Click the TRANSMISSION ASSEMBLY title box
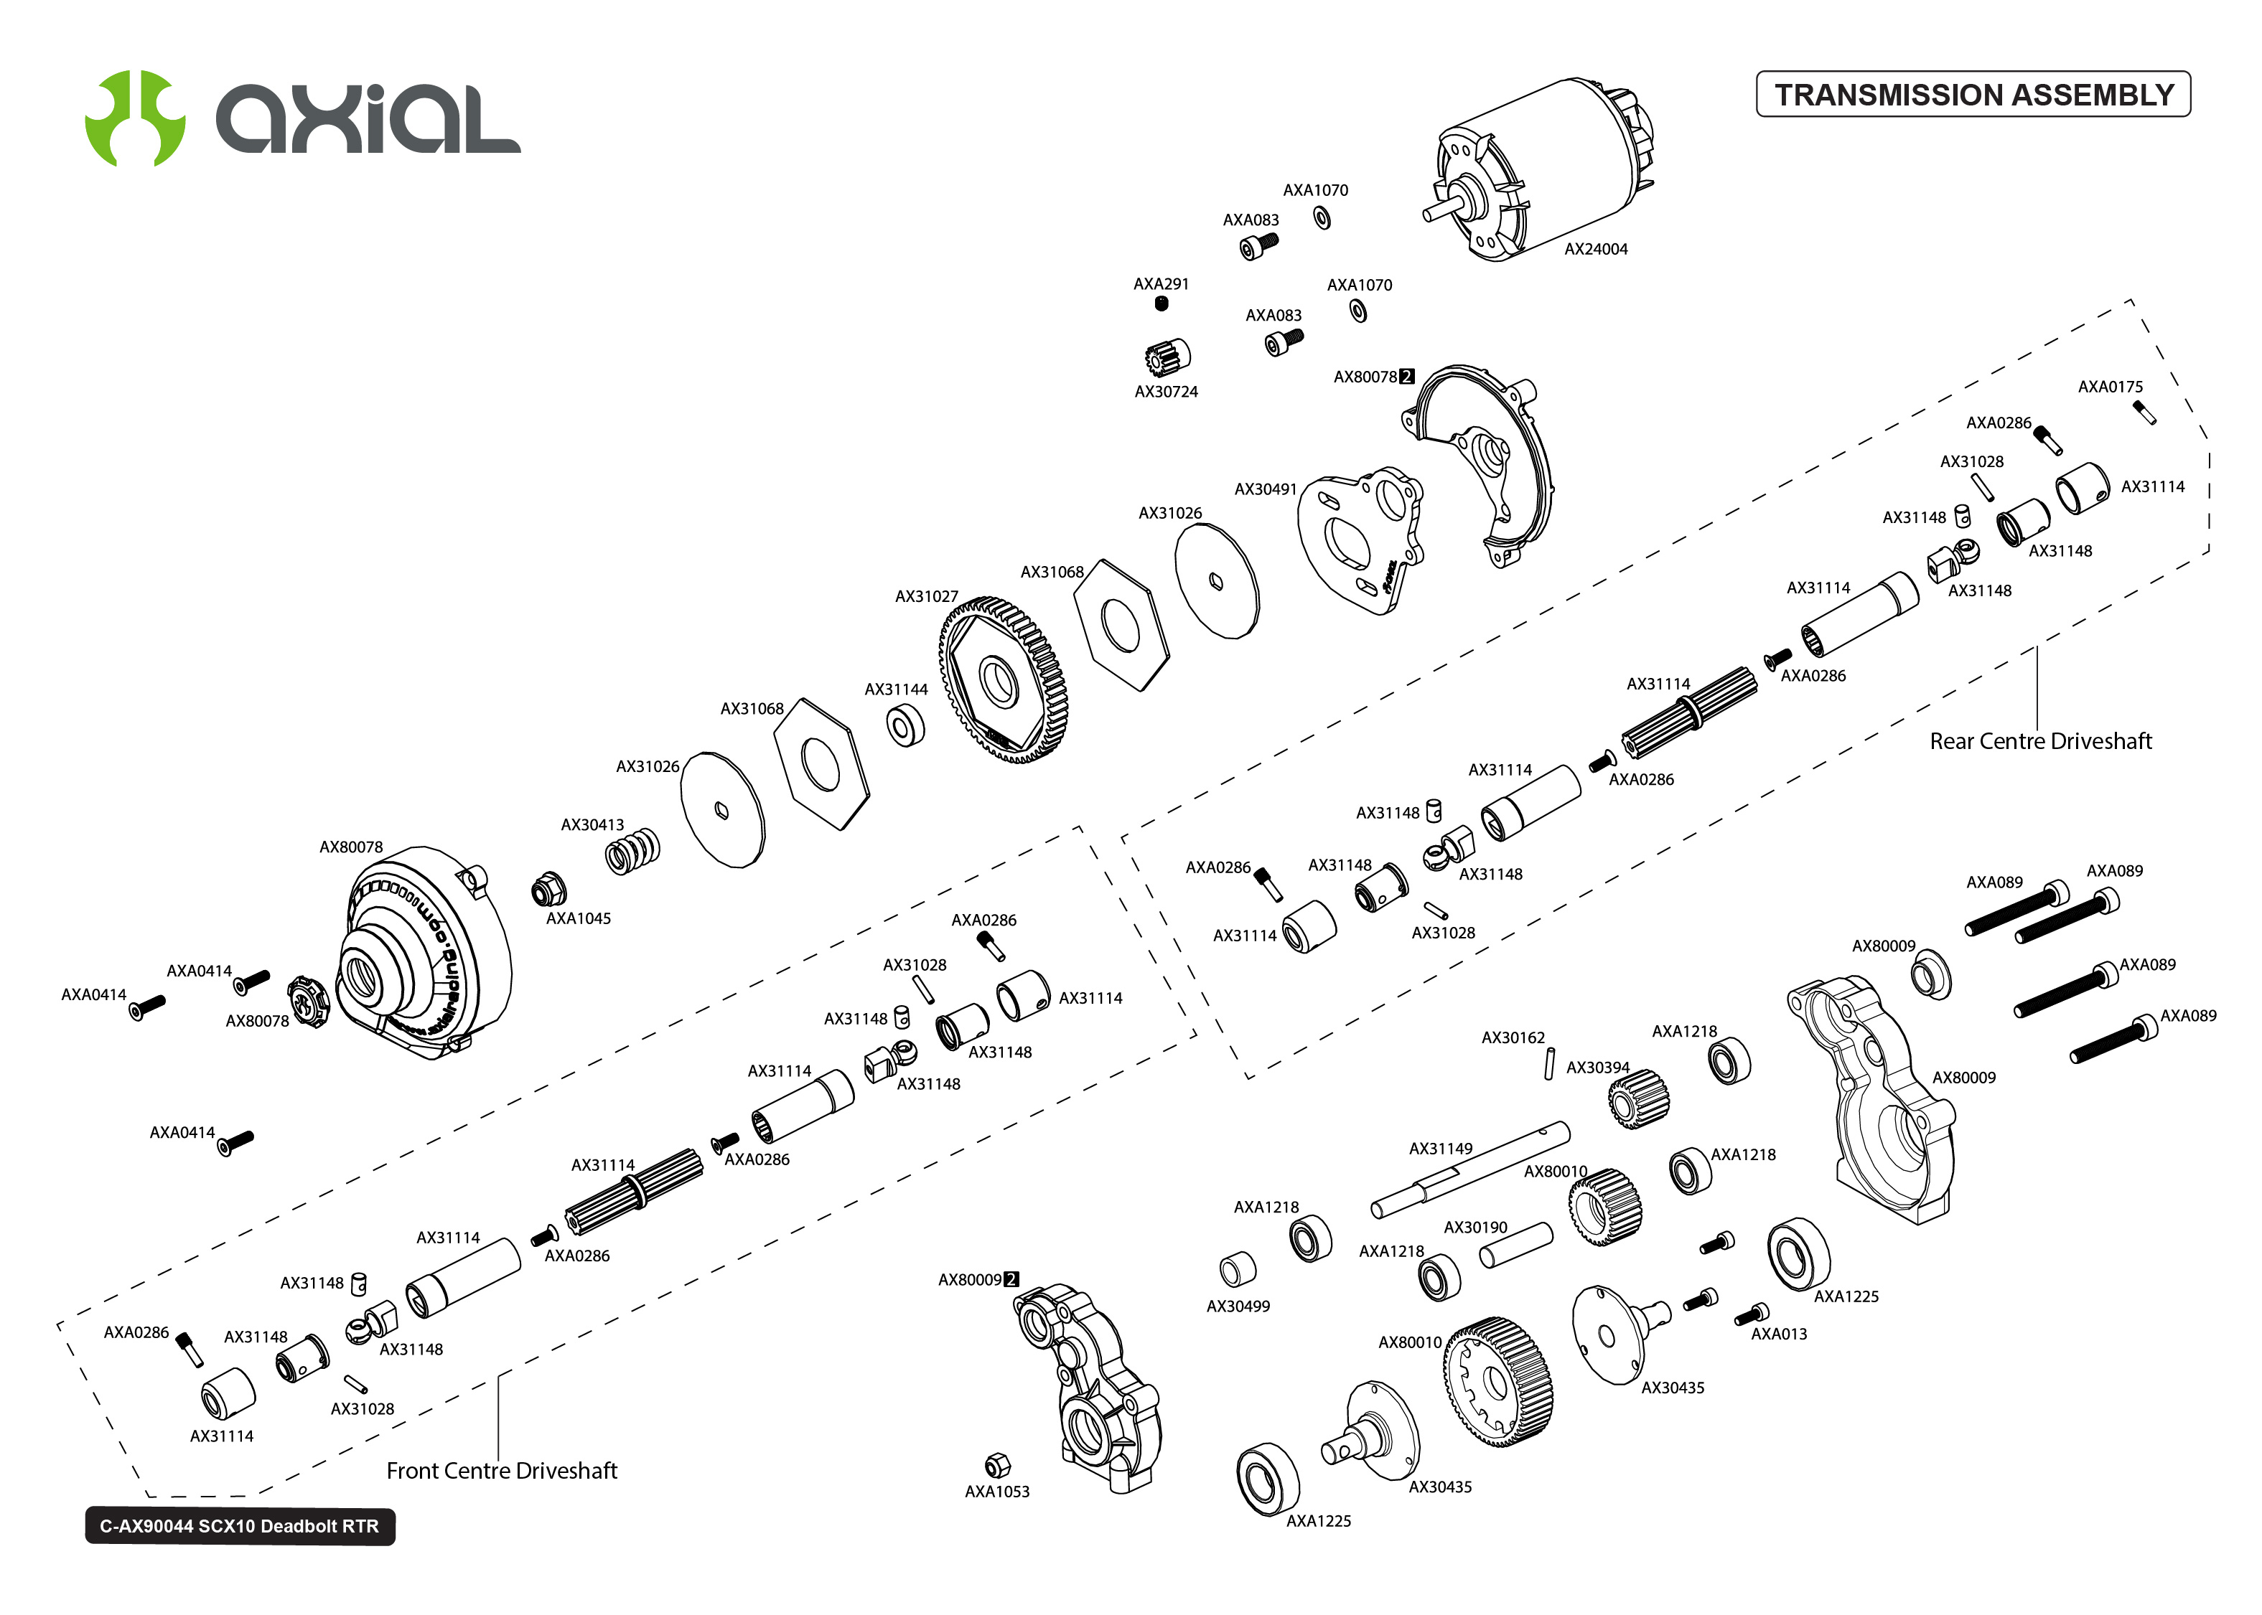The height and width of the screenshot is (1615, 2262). [1973, 95]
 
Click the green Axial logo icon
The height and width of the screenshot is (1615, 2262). [134, 118]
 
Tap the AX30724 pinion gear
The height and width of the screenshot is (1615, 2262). [1166, 355]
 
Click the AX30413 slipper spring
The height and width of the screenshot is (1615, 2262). [632, 851]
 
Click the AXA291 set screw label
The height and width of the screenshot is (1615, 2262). [1161, 284]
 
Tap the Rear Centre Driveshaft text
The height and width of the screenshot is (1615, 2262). [2039, 741]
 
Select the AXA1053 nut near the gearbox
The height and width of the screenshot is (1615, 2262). [996, 1465]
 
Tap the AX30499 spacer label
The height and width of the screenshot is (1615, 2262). [1238, 1306]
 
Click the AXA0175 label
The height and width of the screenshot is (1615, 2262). [2110, 387]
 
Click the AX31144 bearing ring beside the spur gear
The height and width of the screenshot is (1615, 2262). [905, 726]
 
